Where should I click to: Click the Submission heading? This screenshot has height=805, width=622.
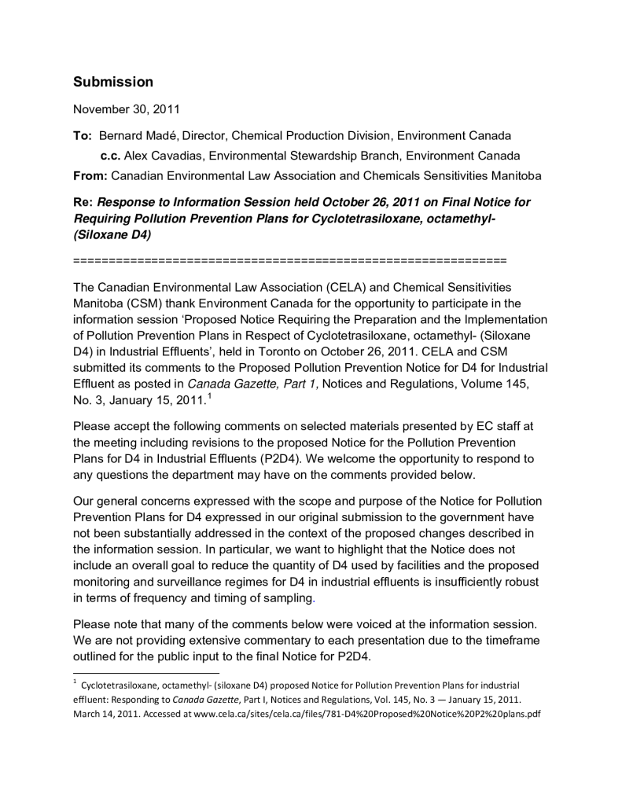tap(113, 82)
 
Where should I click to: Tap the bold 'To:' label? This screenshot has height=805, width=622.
tap(83, 136)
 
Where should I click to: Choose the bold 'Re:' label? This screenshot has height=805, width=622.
tap(83, 202)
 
